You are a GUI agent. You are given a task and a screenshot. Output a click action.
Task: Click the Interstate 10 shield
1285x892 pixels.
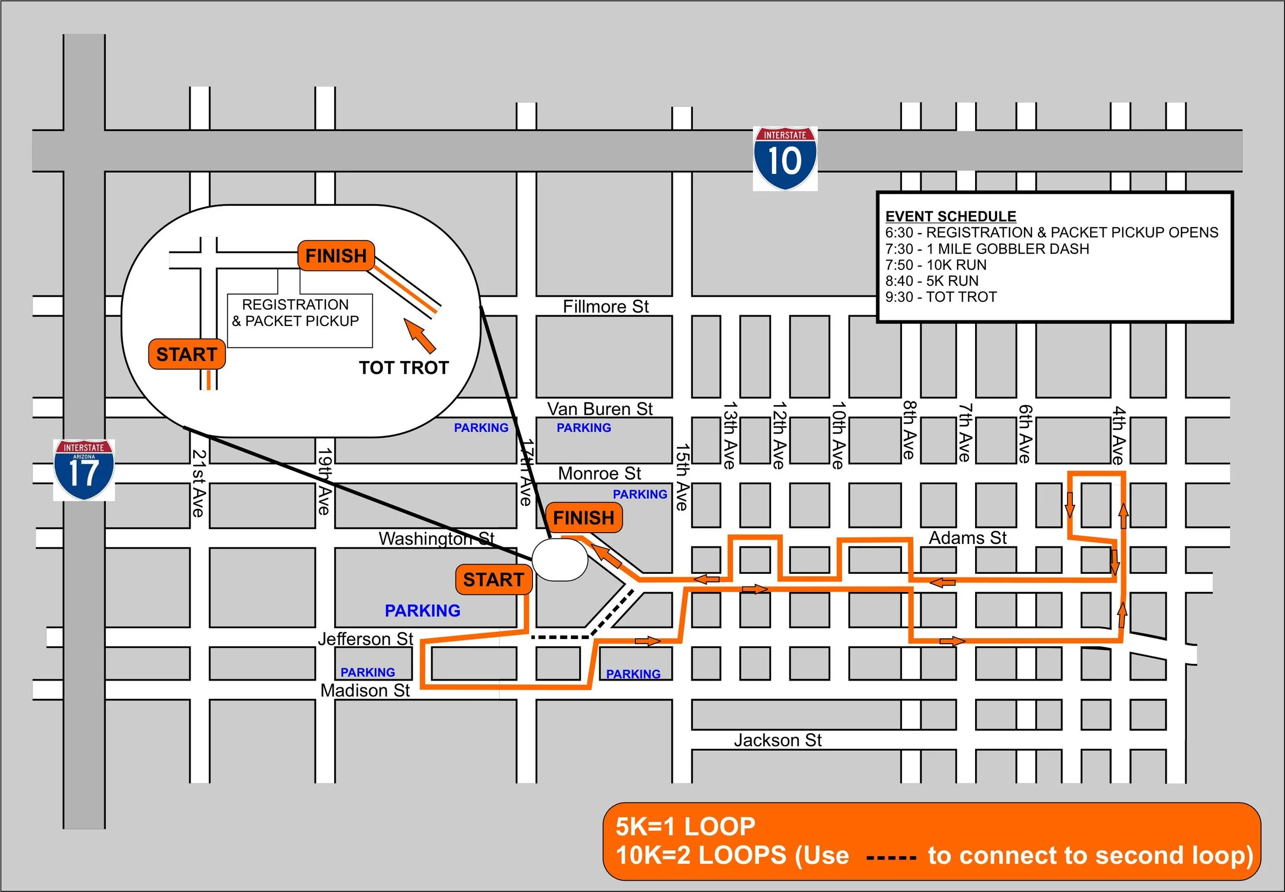pos(784,158)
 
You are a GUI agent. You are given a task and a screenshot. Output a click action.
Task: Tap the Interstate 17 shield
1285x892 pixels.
pos(84,470)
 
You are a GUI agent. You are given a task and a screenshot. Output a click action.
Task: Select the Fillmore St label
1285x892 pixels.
pos(605,306)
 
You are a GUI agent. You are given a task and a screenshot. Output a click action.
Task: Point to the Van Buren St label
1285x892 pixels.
pos(599,409)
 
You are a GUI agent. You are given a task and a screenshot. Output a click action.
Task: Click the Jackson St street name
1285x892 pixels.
pos(777,740)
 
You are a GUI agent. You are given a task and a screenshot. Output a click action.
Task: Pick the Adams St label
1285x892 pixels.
pos(967,538)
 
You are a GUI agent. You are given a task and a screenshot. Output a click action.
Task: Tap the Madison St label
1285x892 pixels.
pos(365,690)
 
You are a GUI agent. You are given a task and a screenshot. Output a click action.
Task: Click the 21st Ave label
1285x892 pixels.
pos(198,483)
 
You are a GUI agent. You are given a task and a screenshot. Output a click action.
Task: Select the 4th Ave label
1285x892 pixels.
pos(1117,435)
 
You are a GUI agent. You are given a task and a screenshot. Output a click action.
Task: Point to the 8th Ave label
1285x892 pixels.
pos(909,430)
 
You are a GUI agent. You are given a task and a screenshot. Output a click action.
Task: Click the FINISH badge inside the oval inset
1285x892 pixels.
pos(336,256)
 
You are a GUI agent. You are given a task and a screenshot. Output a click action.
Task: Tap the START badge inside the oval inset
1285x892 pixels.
pos(187,354)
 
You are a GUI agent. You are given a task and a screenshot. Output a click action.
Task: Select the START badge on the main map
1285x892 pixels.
pos(493,579)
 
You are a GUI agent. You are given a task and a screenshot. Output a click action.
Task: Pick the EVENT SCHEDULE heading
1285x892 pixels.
pos(950,216)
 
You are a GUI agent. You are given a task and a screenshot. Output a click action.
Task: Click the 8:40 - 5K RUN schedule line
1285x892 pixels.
pos(931,281)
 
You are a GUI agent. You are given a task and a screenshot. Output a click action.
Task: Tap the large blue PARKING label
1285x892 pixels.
pos(423,610)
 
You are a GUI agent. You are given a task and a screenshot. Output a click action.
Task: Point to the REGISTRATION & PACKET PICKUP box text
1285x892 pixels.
pos(296,313)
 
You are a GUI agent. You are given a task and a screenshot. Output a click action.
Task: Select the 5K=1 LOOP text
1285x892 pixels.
pos(685,827)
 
